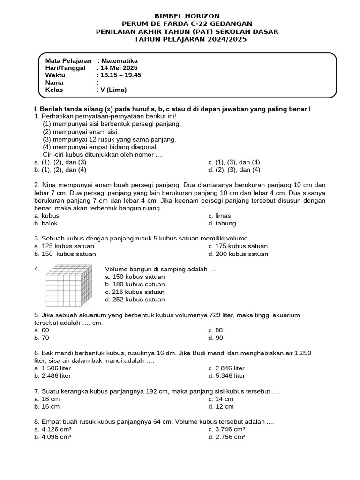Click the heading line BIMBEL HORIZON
(180, 16)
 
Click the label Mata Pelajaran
(68, 60)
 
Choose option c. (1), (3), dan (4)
(234, 162)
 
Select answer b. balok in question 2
(46, 224)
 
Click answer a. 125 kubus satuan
(64, 246)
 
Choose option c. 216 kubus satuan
(135, 292)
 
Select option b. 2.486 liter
(52, 376)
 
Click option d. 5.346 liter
(227, 376)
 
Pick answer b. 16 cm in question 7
(47, 407)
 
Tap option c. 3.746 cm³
(227, 429)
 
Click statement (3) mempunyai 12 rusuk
(109, 139)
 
